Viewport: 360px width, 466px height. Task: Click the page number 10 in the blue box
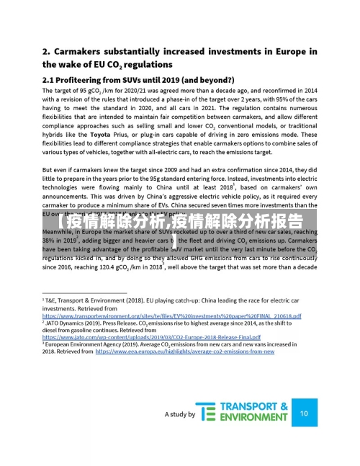pyautogui.click(x=304, y=413)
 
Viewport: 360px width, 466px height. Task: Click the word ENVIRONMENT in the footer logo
pyautogui.click(x=253, y=418)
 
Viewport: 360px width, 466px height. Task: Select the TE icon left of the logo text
pyautogui.click(x=207, y=413)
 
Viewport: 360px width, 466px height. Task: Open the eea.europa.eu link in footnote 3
pyautogui.click(x=185, y=351)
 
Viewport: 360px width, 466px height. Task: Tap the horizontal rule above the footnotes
pyautogui.click(x=84, y=292)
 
